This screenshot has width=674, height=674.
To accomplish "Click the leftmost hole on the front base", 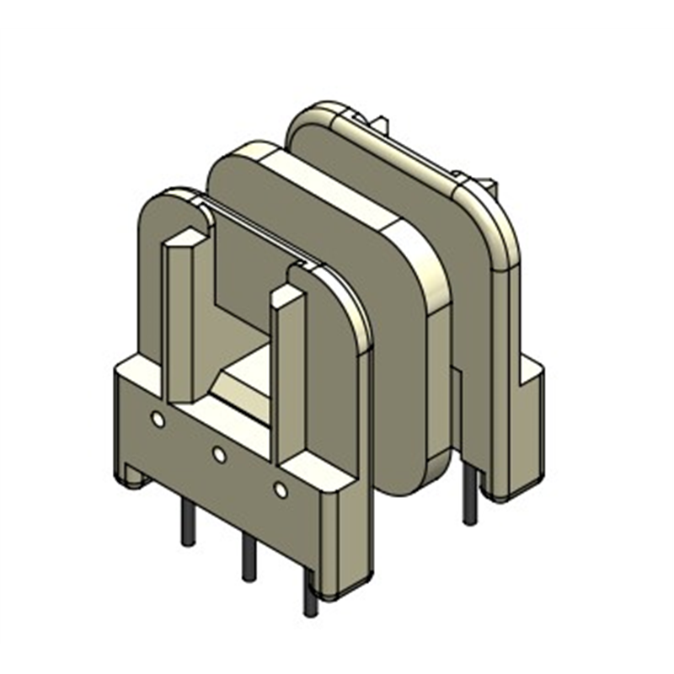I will [x=158, y=419].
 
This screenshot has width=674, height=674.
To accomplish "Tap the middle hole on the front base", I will [x=219, y=455].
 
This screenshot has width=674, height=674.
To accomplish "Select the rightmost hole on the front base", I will [x=281, y=489].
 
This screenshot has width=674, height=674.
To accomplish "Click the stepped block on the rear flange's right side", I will [x=531, y=379].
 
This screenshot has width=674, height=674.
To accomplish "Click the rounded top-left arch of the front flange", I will [x=164, y=202].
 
